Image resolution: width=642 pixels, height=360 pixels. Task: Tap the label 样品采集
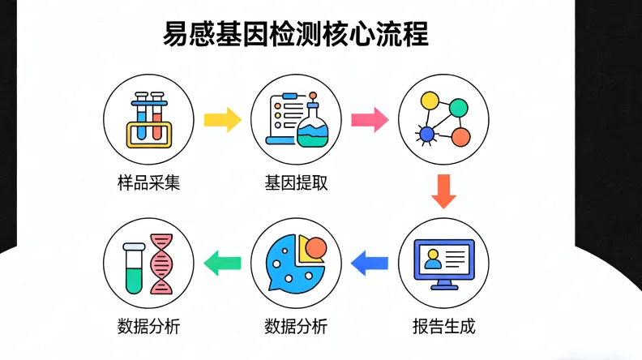pyautogui.click(x=148, y=182)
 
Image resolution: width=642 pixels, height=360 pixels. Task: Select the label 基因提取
pyautogui.click(x=296, y=182)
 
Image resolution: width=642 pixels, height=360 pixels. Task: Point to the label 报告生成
pyautogui.click(x=443, y=327)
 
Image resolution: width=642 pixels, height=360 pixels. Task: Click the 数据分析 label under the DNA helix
pyautogui.click(x=148, y=327)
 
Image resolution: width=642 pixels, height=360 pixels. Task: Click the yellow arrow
pyautogui.click(x=222, y=120)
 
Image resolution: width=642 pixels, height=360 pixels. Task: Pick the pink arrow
pyautogui.click(x=370, y=120)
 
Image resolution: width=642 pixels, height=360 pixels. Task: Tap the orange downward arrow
pyautogui.click(x=443, y=192)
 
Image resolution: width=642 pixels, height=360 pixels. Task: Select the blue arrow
pyautogui.click(x=370, y=262)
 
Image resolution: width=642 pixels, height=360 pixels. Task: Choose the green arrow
pyautogui.click(x=222, y=262)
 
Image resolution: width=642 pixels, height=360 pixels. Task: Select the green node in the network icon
pyautogui.click(x=459, y=107)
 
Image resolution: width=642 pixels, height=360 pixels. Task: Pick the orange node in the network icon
pyautogui.click(x=460, y=136)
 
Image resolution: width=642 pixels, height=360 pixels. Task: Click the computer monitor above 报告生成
pyautogui.click(x=443, y=261)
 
